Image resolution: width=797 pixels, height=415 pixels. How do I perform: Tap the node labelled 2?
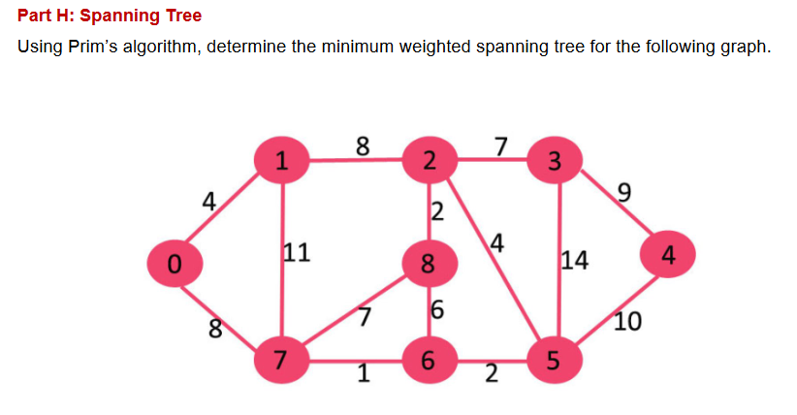[428, 160]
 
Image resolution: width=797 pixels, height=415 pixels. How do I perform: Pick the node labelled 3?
[554, 160]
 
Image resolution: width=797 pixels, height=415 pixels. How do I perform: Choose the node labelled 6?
[428, 362]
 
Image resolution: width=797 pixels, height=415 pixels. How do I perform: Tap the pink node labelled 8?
[428, 263]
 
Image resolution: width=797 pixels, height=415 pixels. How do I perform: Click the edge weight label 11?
[296, 254]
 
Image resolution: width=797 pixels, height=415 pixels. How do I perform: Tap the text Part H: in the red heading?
[48, 16]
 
